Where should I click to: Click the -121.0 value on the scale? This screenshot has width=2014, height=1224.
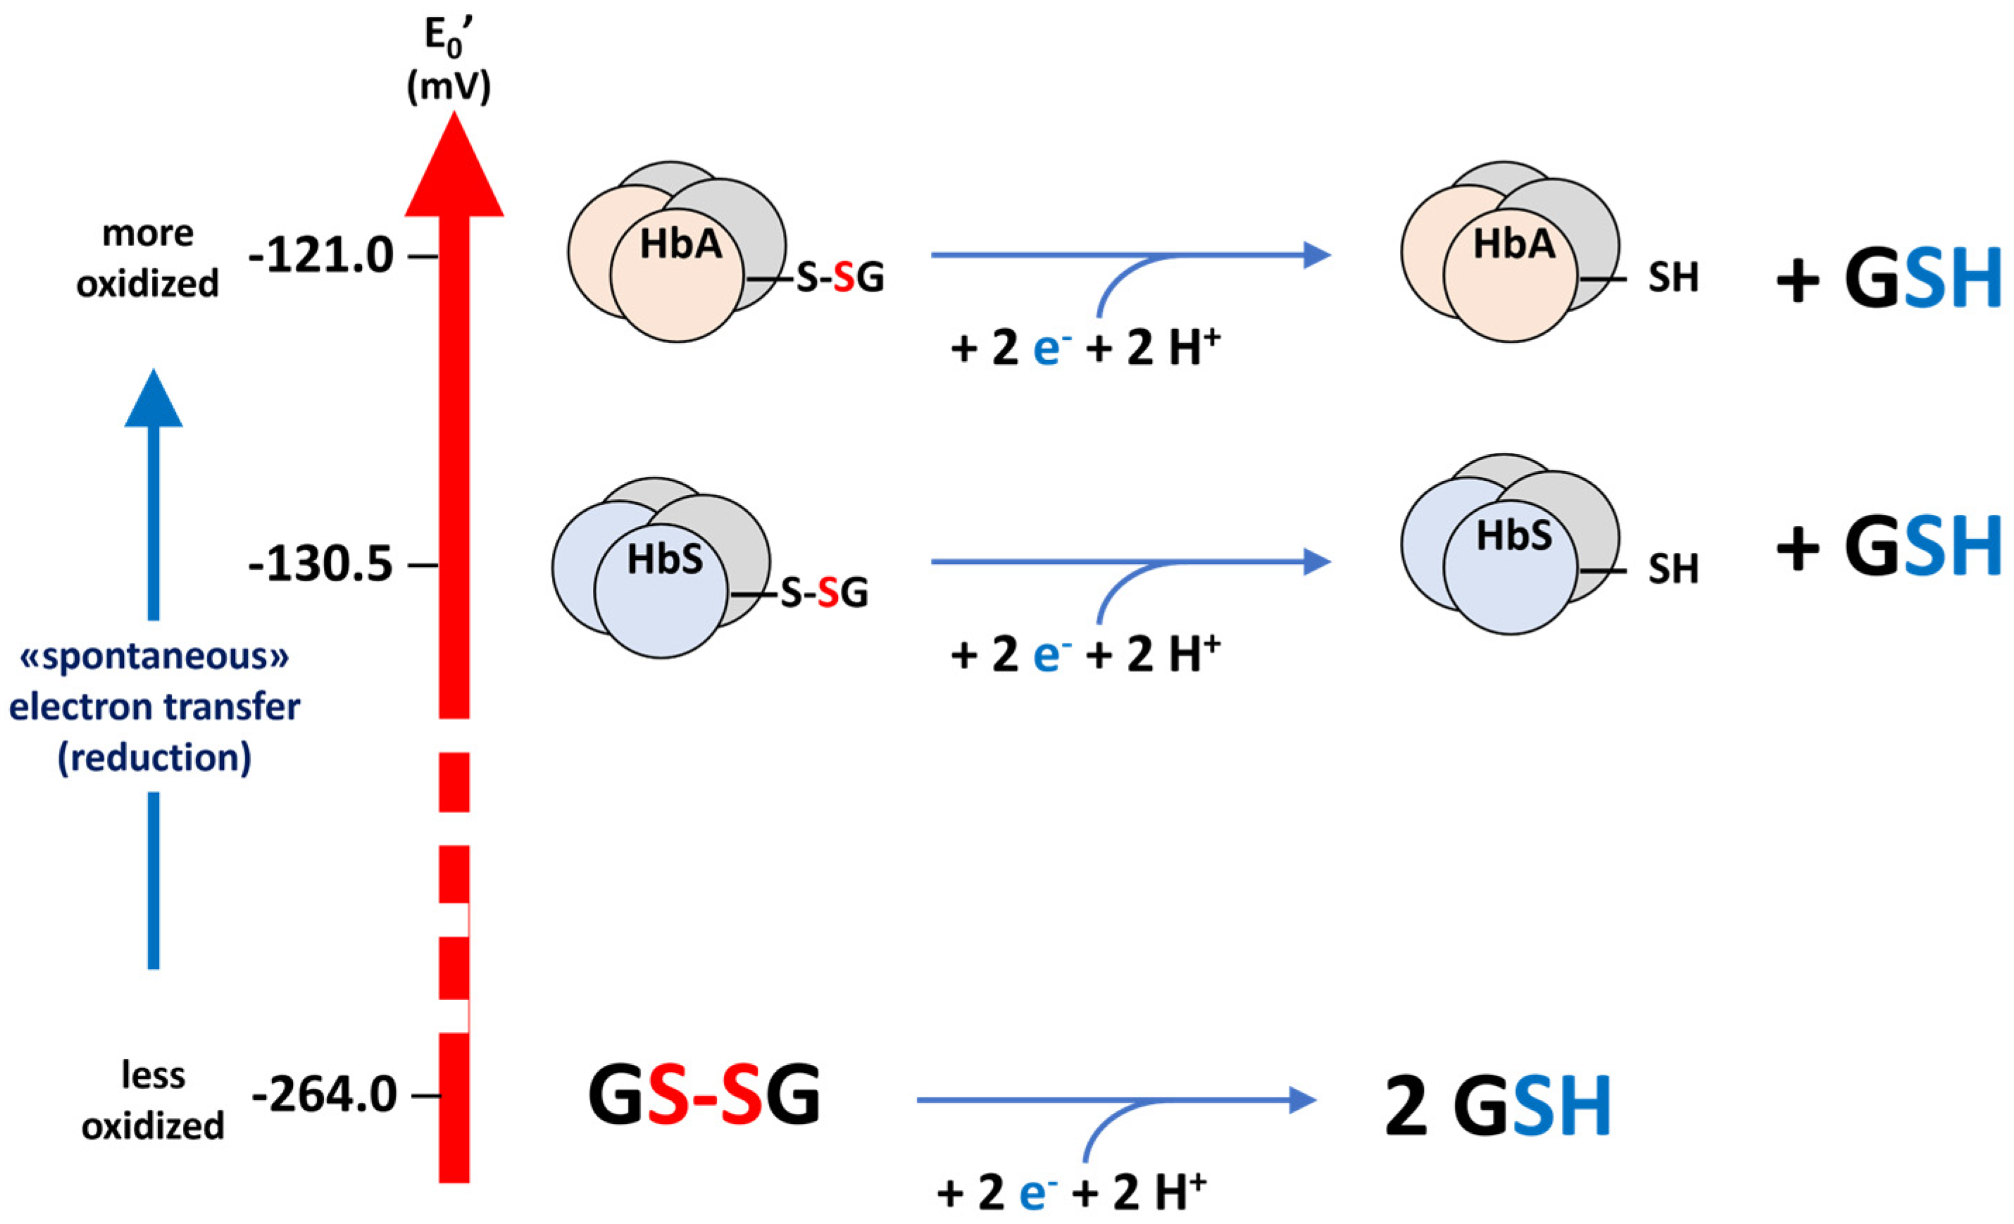[x=321, y=257]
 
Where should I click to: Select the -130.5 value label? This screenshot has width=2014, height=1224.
[x=321, y=565]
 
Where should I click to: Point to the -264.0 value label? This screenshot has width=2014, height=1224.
[x=325, y=1095]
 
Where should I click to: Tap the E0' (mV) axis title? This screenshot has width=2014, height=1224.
[x=449, y=61]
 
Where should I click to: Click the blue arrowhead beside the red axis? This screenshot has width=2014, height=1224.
[x=154, y=401]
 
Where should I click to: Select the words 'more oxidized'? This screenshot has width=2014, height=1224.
[x=148, y=258]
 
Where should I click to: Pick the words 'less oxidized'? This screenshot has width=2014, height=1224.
[x=153, y=1101]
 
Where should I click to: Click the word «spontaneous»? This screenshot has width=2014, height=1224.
[x=154, y=656]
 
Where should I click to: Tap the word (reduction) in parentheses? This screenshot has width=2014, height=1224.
[x=154, y=758]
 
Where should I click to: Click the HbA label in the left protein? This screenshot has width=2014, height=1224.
[x=681, y=244]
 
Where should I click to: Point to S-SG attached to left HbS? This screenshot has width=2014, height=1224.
[x=824, y=594]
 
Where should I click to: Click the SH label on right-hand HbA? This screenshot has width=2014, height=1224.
[x=1673, y=278]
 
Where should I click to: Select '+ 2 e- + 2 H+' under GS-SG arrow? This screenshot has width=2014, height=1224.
[x=1072, y=1192]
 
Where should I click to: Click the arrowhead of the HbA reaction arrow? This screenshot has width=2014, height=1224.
[x=1317, y=255]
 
